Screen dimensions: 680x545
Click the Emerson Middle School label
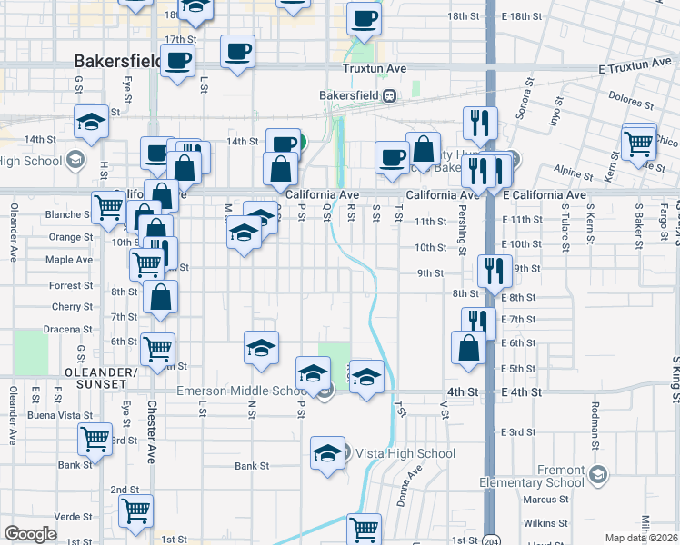(x=242, y=391)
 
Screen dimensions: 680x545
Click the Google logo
(x=30, y=534)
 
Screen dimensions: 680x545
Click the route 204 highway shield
(x=490, y=539)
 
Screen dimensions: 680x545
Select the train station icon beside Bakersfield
(x=388, y=94)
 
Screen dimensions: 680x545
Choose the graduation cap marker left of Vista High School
(x=327, y=453)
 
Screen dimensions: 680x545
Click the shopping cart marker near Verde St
(x=135, y=511)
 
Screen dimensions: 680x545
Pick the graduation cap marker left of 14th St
(x=91, y=123)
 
